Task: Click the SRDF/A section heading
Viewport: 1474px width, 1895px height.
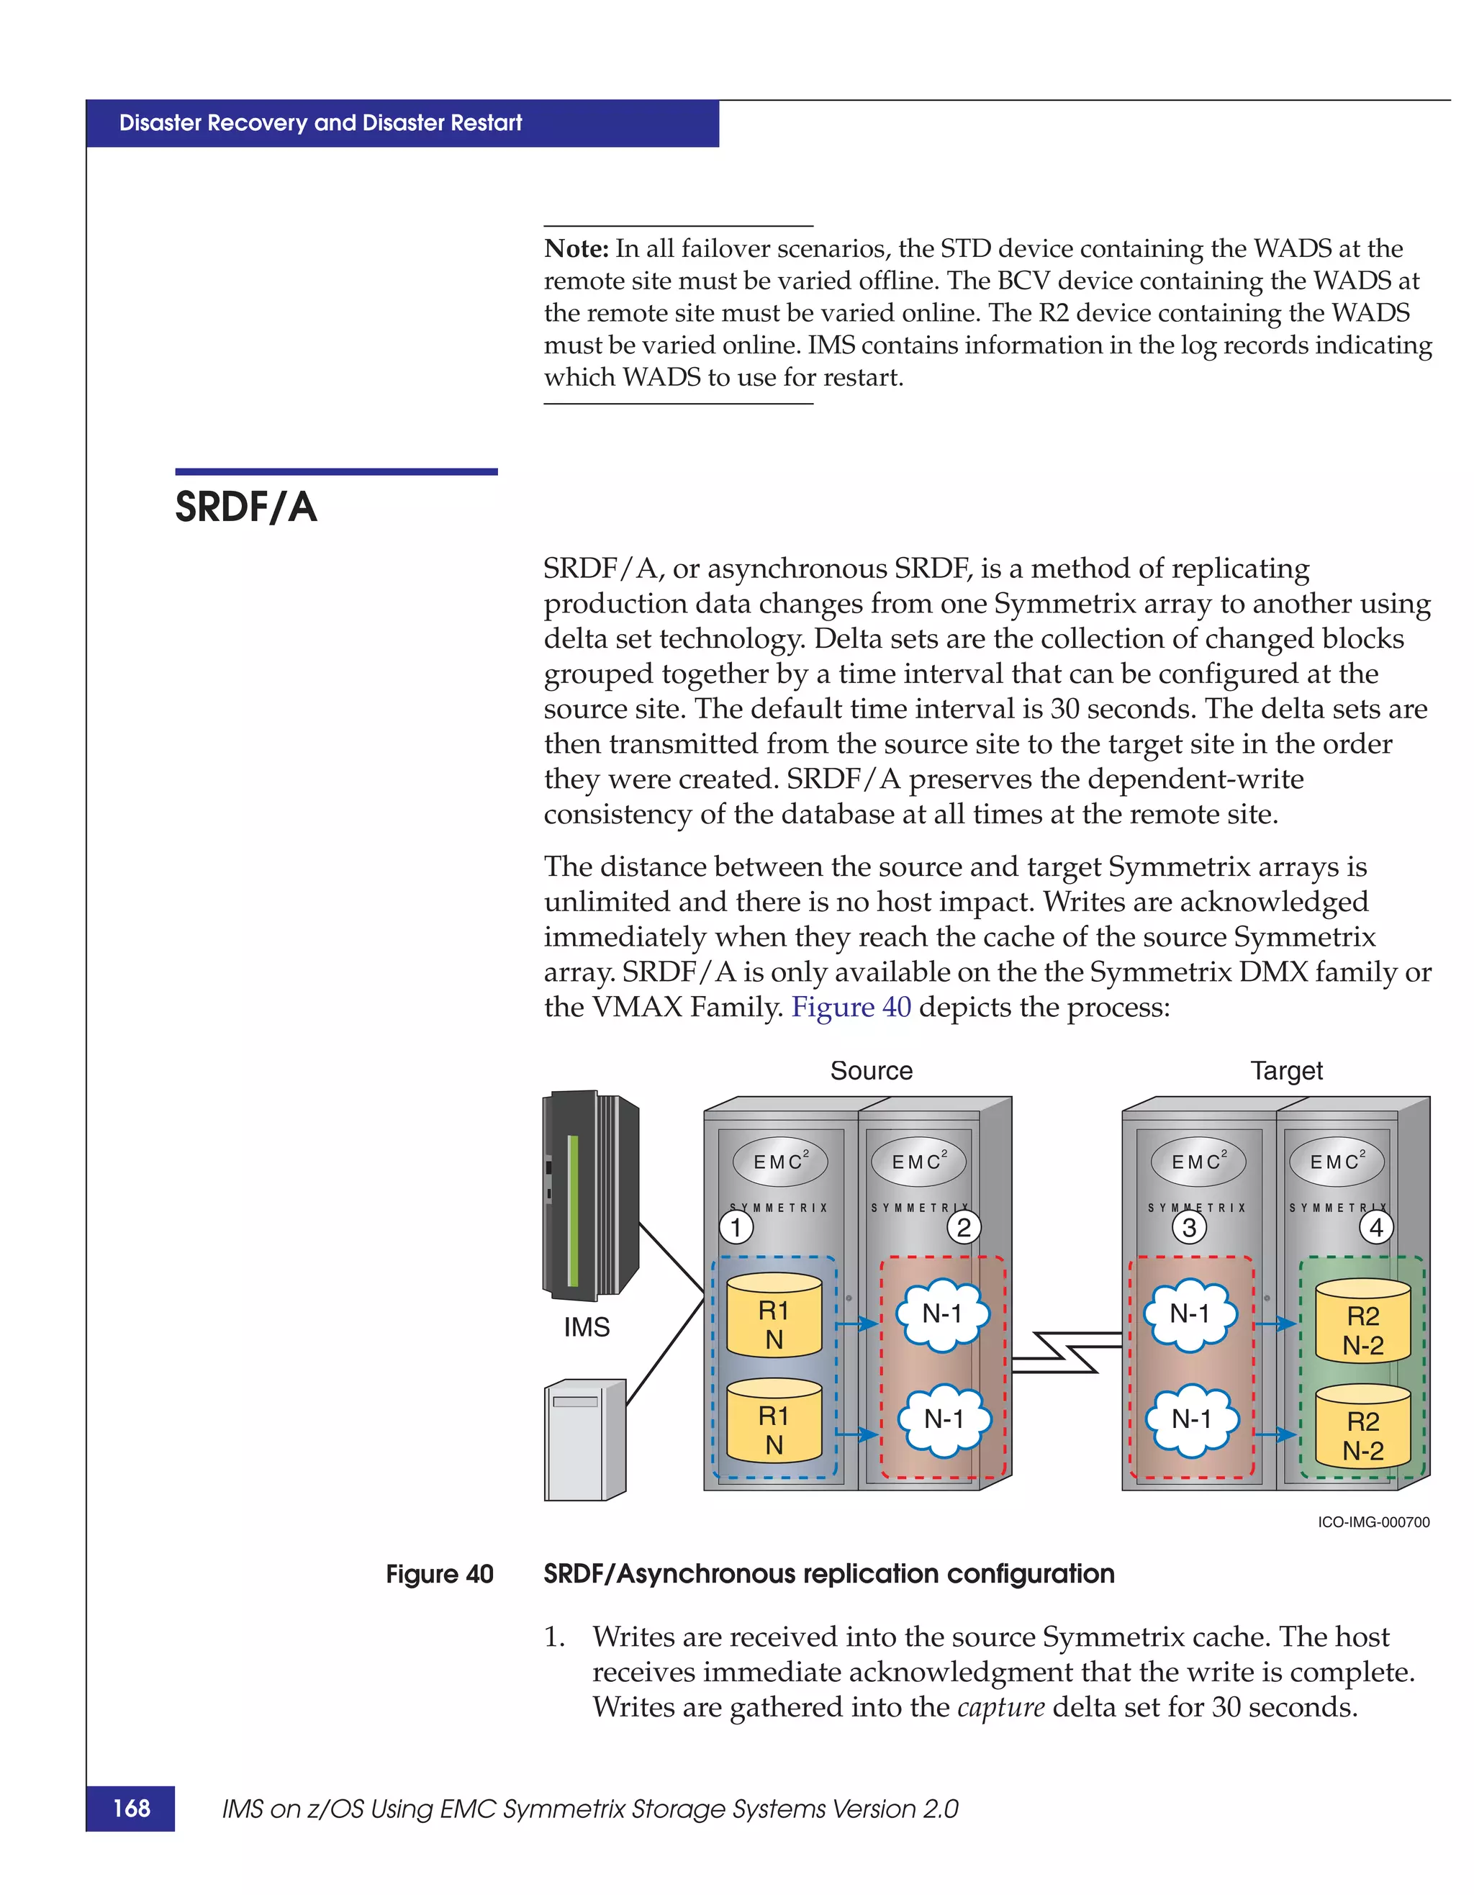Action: [x=245, y=507]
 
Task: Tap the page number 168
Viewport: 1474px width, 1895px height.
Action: [x=131, y=1808]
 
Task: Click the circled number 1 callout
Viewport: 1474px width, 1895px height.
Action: [x=736, y=1227]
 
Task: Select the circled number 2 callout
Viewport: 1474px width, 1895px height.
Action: [x=964, y=1227]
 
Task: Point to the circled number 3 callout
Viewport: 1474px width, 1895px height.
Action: [x=1190, y=1227]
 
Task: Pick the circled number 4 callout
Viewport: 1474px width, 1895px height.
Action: [x=1376, y=1227]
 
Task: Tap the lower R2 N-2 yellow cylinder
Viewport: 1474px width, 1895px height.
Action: [x=1363, y=1426]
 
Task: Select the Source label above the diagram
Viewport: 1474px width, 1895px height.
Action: [x=871, y=1071]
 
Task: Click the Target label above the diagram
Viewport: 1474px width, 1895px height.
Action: [x=1287, y=1071]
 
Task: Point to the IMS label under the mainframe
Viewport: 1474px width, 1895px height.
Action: [x=587, y=1326]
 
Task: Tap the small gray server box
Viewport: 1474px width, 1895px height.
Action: [x=584, y=1439]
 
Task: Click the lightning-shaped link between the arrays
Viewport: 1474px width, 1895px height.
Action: [x=1066, y=1352]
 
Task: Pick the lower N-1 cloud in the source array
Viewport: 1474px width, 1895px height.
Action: [x=944, y=1419]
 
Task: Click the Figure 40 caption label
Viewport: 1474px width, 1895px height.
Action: [x=439, y=1574]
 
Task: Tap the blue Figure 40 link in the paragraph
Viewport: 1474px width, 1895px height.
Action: [x=851, y=1008]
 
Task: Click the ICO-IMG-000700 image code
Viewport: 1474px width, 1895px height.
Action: [x=1373, y=1522]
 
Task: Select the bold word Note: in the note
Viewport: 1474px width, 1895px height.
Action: [x=576, y=249]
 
